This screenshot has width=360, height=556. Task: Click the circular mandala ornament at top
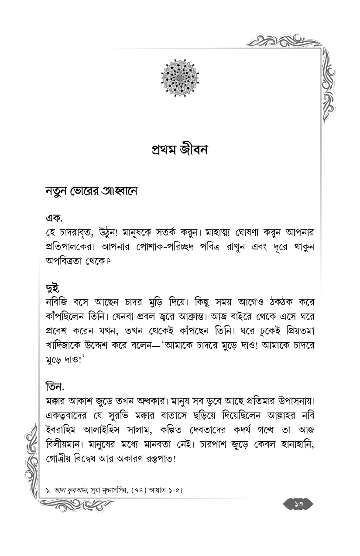[x=180, y=78]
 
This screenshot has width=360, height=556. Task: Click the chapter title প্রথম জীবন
[x=180, y=150]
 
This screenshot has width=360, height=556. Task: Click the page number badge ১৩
[x=298, y=504]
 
